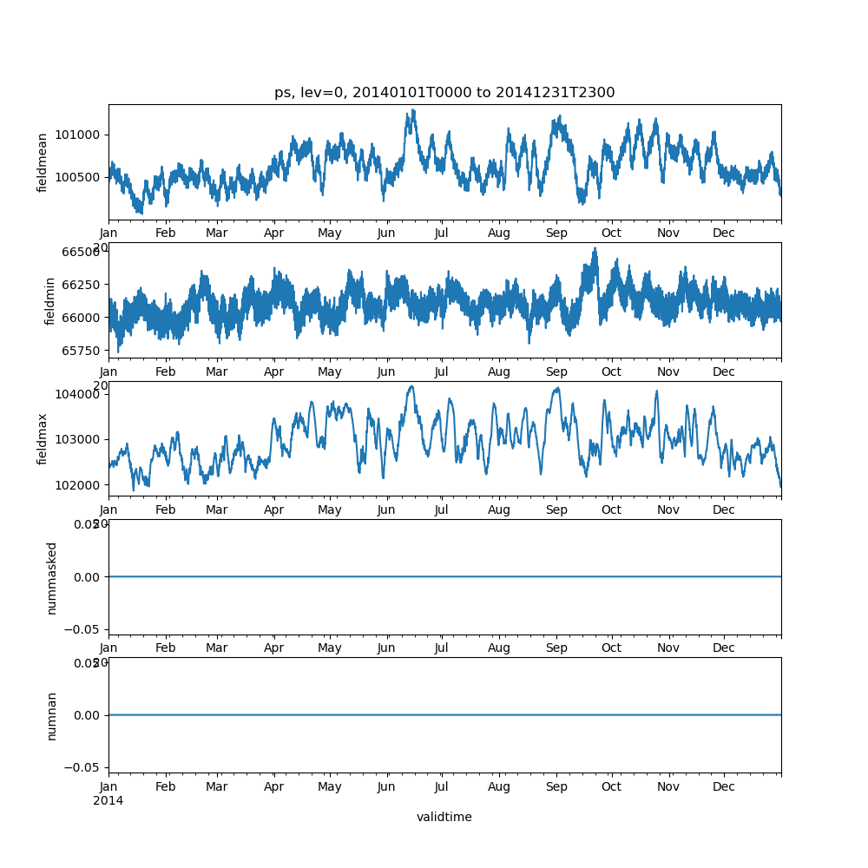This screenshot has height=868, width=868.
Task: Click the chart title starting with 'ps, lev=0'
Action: click(x=444, y=93)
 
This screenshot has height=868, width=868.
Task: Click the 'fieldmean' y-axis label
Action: click(x=42, y=162)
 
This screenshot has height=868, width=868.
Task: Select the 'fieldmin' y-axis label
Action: click(x=50, y=300)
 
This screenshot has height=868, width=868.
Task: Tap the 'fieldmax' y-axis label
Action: click(x=42, y=438)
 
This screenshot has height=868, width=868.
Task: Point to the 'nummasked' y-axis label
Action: click(x=51, y=577)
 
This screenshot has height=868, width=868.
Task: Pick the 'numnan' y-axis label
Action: click(x=51, y=715)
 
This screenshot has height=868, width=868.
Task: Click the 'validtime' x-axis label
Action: click(x=444, y=817)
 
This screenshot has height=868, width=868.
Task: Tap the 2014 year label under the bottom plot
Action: click(x=108, y=800)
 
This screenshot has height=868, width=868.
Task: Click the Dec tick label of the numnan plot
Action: click(x=724, y=787)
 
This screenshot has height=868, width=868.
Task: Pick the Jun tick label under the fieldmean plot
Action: click(x=386, y=233)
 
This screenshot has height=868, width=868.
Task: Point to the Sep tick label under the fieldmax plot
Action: click(x=556, y=510)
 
